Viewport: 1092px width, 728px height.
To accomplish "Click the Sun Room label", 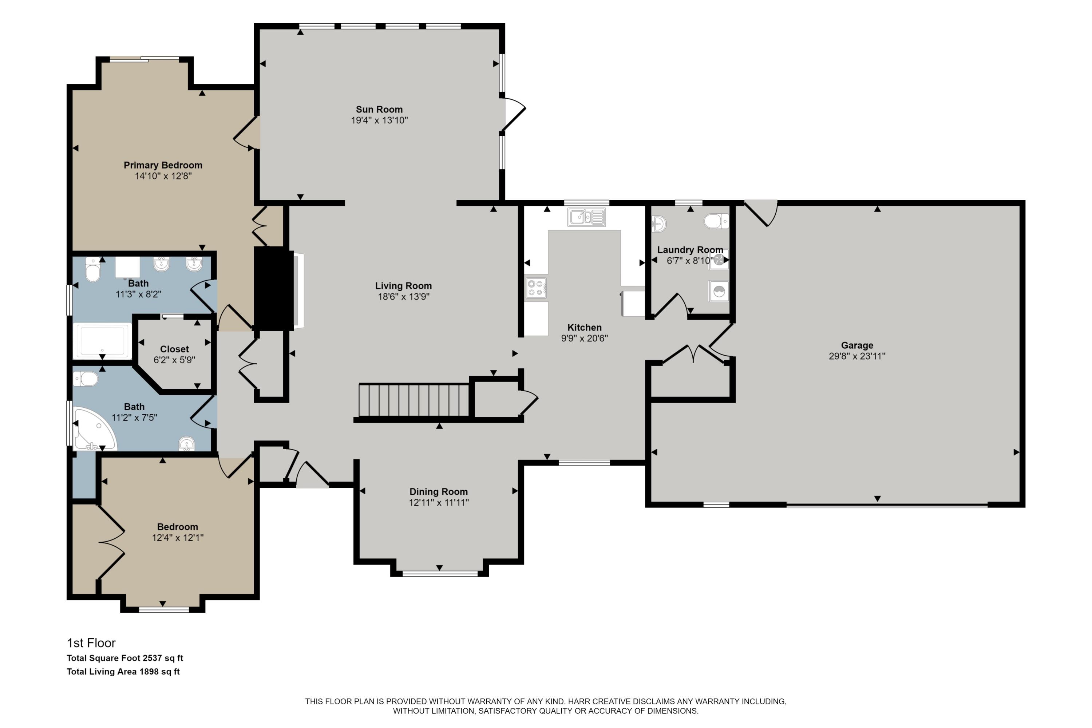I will pos(379,110).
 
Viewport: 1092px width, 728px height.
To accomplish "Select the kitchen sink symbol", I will pos(586,217).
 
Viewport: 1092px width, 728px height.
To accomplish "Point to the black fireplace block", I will pos(273,288).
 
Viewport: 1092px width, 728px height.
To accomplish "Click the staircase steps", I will pos(413,400).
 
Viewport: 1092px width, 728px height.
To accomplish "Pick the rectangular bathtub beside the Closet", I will pos(102,340).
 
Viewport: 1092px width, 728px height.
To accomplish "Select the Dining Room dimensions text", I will pos(438,502).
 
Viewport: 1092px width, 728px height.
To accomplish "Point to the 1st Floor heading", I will pos(91,643).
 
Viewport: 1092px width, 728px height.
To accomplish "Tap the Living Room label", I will pos(403,286).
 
